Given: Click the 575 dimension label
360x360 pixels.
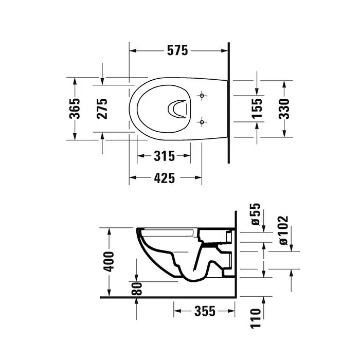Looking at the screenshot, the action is tap(177, 50).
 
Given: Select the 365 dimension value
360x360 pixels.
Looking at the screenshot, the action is tap(75, 109).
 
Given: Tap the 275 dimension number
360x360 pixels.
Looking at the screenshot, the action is tap(102, 109).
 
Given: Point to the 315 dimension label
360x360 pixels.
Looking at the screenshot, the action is tap(164, 156).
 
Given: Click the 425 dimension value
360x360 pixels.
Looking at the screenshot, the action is tap(164, 178).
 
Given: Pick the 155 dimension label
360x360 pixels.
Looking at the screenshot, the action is tap(257, 109).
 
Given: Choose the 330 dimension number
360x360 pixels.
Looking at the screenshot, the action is tap(284, 109).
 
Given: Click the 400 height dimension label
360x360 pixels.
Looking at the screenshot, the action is tap(109, 261).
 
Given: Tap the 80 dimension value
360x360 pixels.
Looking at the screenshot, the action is tap(137, 289).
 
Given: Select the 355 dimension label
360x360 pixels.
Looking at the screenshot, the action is tap(205, 311).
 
